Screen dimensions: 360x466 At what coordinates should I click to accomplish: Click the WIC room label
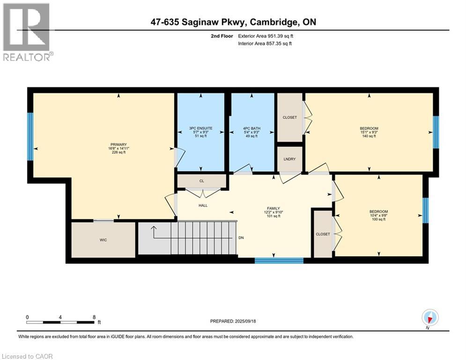(103, 240)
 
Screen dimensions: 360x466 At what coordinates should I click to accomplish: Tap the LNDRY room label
(289, 159)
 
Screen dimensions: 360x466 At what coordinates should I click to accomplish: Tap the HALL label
(203, 205)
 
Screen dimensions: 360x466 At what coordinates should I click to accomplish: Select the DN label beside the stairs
(241, 238)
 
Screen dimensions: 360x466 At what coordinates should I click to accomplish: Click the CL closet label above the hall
(201, 180)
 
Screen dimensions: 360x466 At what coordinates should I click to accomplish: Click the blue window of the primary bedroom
(30, 136)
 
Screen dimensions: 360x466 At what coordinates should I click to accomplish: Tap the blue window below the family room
(279, 260)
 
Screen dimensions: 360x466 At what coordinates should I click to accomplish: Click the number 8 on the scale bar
(94, 317)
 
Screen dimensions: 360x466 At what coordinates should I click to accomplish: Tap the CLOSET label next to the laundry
(289, 117)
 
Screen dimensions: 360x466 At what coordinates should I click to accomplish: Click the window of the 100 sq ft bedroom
(425, 210)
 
